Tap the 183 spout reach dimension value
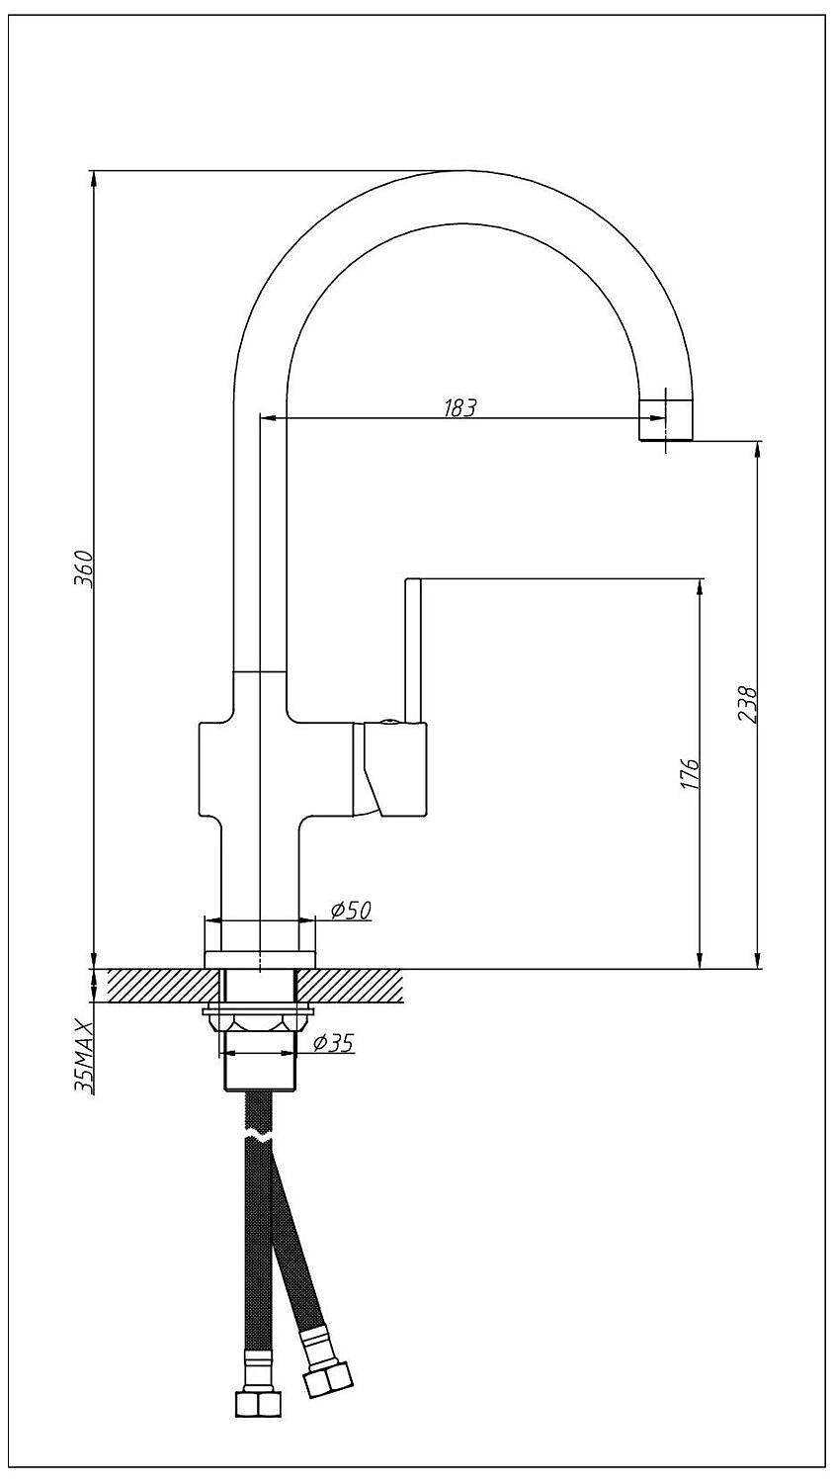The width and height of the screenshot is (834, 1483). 460,407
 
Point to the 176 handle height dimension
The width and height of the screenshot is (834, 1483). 689,772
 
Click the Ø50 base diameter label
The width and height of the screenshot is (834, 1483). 351,911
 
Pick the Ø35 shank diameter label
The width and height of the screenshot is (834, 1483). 333,1044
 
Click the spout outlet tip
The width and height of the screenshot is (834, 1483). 666,420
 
